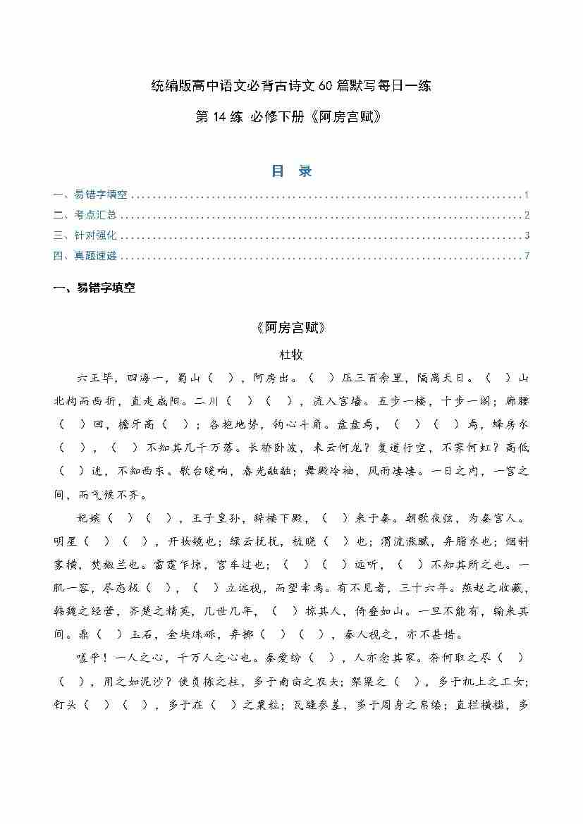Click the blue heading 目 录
291,171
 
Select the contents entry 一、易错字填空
90,195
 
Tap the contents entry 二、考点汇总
85,216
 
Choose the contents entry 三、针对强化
85,235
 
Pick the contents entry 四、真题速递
85,256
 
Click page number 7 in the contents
527,256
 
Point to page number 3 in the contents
527,235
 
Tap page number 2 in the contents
527,216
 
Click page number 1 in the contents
527,195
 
